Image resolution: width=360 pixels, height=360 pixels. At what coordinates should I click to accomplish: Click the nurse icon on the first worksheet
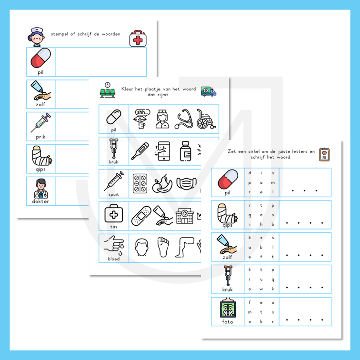click(36, 37)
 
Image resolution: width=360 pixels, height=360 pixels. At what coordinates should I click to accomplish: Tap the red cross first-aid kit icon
click(138, 39)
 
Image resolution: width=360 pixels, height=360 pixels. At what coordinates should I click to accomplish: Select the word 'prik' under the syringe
click(40, 137)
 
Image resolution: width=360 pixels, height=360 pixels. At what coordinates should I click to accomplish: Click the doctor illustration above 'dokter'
click(41, 189)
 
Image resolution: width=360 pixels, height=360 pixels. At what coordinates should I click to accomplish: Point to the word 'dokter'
click(40, 201)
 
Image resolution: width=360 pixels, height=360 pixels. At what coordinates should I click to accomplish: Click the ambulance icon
click(209, 91)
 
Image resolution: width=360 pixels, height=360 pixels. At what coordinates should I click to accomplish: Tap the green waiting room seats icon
click(108, 90)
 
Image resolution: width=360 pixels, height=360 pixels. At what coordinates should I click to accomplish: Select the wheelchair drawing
click(206, 119)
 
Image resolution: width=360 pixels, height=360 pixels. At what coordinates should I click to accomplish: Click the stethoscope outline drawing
click(184, 119)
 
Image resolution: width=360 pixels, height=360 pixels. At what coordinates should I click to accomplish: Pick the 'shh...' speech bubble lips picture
click(141, 119)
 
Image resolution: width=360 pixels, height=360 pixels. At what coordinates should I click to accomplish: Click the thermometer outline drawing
click(140, 151)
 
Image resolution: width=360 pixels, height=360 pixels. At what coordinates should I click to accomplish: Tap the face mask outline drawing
click(186, 183)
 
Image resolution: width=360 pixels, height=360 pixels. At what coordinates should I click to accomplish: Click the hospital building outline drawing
click(185, 216)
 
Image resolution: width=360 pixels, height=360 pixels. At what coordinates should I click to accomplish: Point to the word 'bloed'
click(114, 259)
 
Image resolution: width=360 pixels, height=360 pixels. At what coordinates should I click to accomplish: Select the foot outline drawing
click(163, 248)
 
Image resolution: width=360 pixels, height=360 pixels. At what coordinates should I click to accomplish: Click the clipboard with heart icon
click(324, 154)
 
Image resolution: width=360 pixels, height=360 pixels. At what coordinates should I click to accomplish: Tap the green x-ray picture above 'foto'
click(228, 308)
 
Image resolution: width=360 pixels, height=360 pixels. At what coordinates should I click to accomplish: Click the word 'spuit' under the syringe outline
click(114, 194)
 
